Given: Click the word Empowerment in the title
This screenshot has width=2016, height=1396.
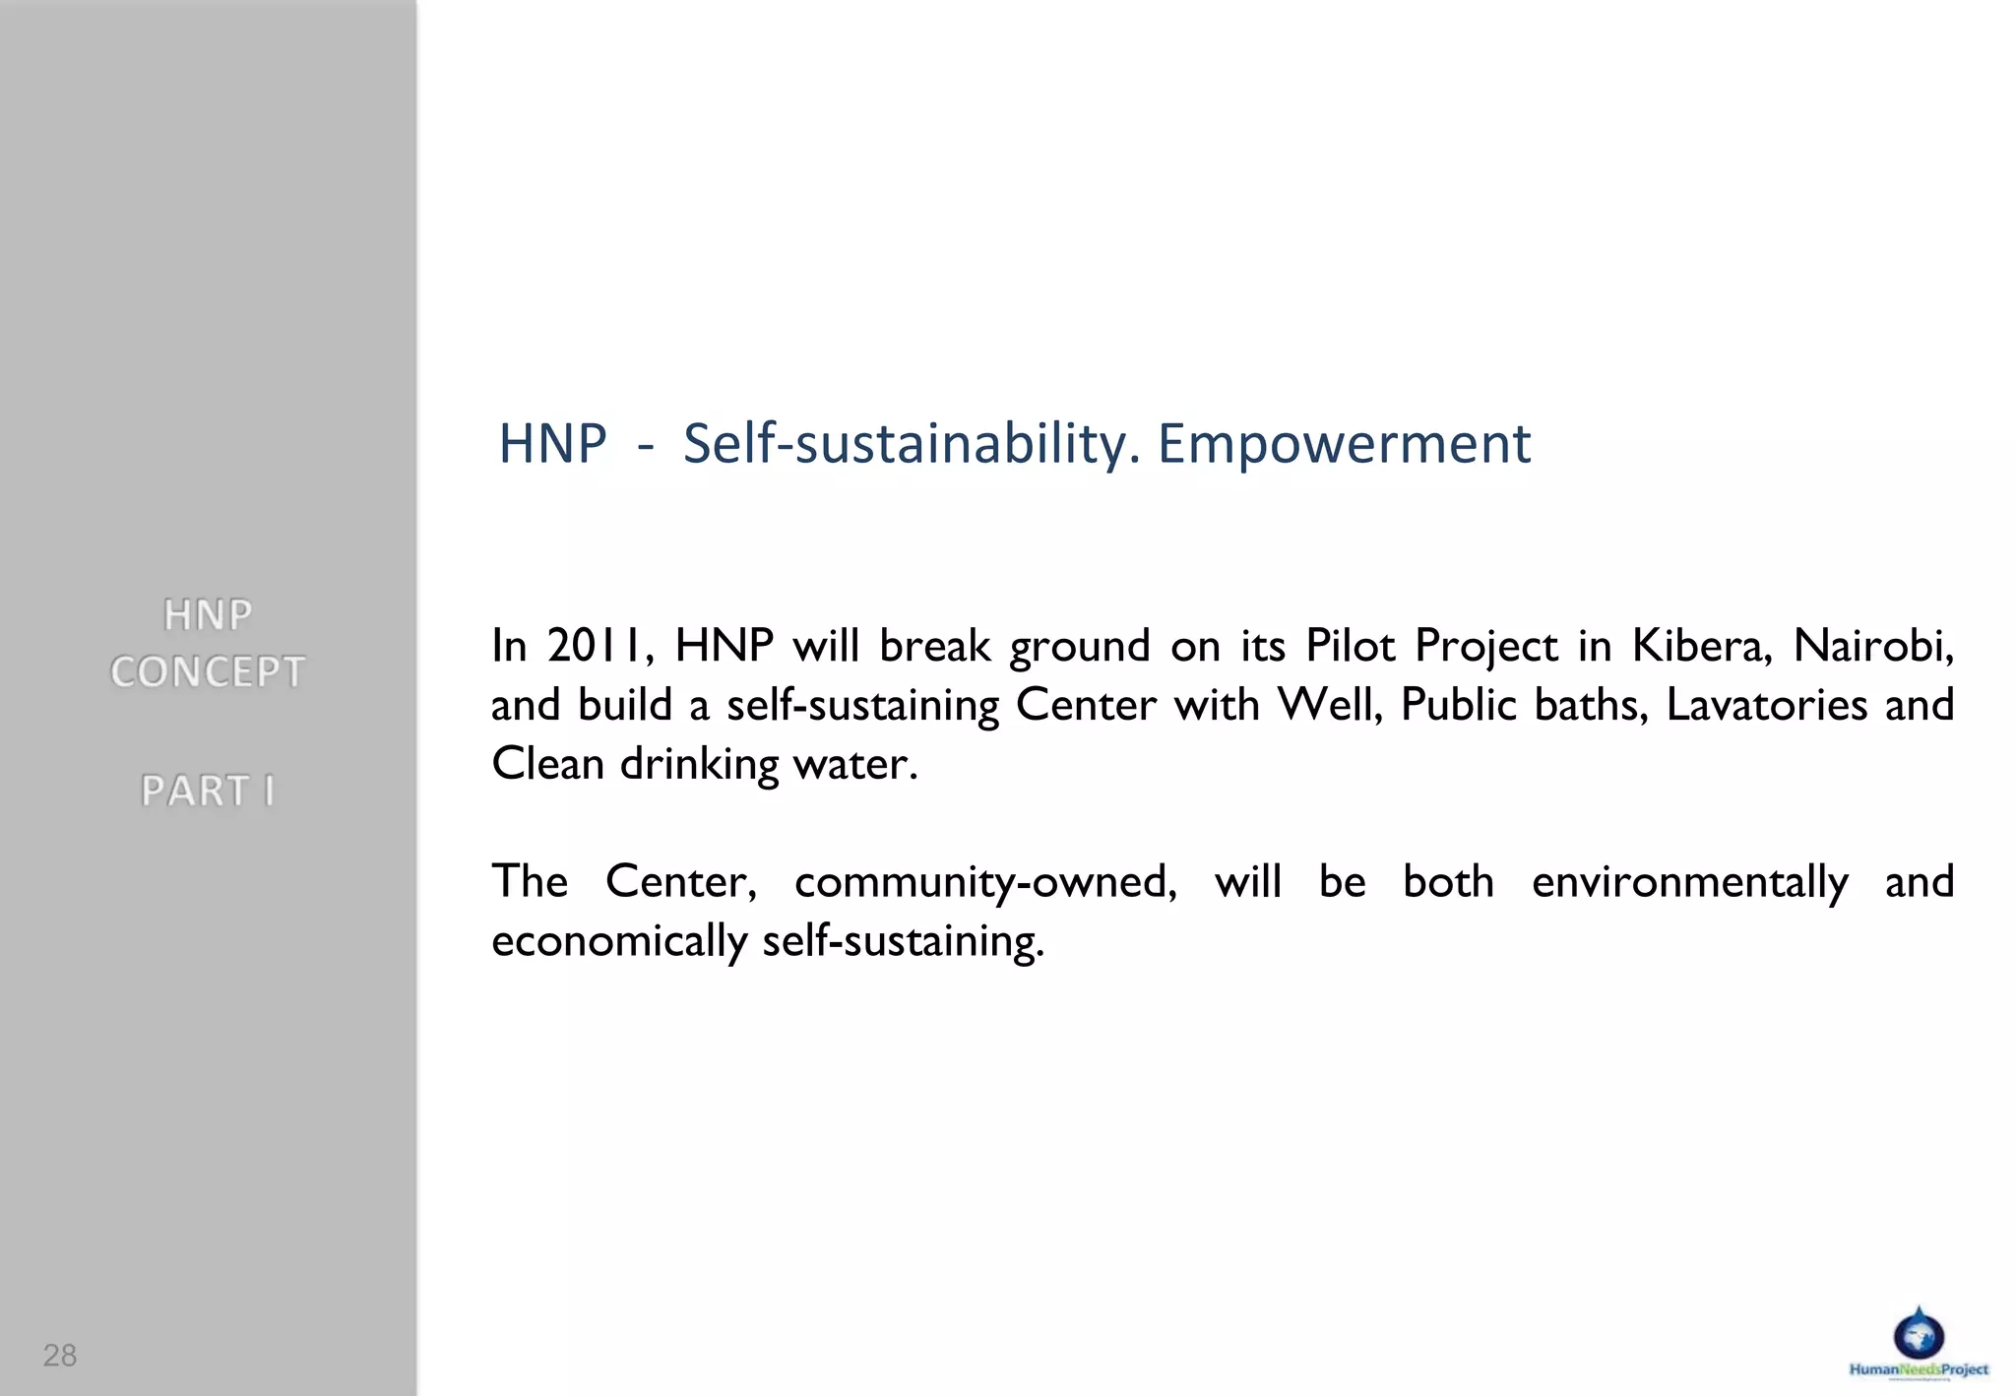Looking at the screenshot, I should (1344, 444).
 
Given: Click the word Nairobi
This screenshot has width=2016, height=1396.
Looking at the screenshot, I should (1872, 646).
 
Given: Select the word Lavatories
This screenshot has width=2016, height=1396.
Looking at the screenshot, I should (1766, 705).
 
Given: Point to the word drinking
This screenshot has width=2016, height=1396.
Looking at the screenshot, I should (699, 764).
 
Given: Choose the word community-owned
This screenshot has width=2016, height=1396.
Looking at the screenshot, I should (985, 882).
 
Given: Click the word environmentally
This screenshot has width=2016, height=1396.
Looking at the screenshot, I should (1690, 882).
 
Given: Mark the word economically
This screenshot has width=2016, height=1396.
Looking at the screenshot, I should (618, 941).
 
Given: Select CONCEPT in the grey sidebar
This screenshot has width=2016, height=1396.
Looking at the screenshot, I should (208, 672).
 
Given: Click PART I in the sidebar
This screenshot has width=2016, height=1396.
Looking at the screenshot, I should (208, 791).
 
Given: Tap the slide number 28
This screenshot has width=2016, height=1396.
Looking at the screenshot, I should (59, 1356).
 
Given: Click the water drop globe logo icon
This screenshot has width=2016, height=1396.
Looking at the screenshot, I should (1919, 1334).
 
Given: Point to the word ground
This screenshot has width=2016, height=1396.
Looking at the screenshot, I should (1079, 648).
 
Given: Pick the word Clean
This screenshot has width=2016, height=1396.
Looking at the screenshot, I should (546, 764).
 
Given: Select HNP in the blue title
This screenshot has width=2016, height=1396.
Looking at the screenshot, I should (552, 444).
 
